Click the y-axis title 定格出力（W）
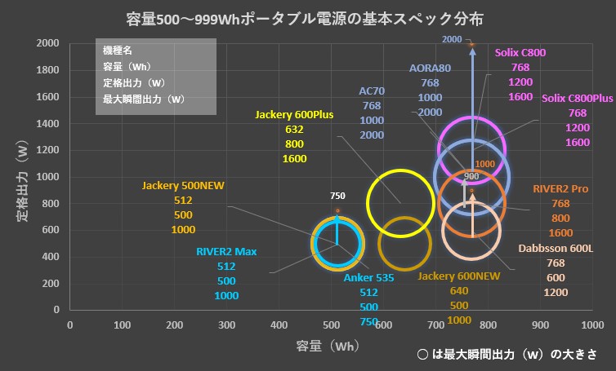[25, 176]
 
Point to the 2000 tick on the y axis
[48, 43]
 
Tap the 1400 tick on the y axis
[48, 123]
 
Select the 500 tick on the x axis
[332, 325]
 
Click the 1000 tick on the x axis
[592, 325]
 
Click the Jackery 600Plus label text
[294, 114]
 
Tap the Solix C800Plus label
[578, 99]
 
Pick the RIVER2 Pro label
[560, 188]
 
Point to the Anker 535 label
[368, 277]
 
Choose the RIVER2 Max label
[226, 251]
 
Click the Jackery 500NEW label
[182, 185]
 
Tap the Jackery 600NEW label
[458, 276]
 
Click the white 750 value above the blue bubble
[338, 196]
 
